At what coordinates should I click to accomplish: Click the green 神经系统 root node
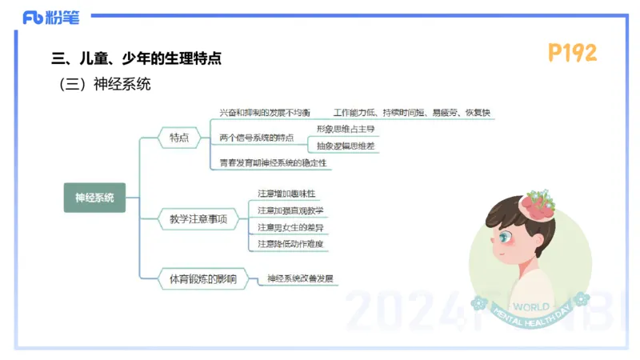94,197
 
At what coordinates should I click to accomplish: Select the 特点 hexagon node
179,138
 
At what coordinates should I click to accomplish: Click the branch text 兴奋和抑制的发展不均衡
265,113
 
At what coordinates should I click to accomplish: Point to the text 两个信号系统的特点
256,138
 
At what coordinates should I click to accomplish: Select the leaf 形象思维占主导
345,129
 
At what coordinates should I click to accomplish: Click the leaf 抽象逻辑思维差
345,146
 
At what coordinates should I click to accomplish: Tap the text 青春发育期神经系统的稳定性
274,162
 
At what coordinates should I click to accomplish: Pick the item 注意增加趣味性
286,194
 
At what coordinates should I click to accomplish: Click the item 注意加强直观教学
290,210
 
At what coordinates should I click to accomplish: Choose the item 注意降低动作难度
290,244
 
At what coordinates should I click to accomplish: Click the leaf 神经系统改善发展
300,278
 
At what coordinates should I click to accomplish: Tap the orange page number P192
572,53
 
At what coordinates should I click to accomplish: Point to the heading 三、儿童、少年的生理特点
136,58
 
